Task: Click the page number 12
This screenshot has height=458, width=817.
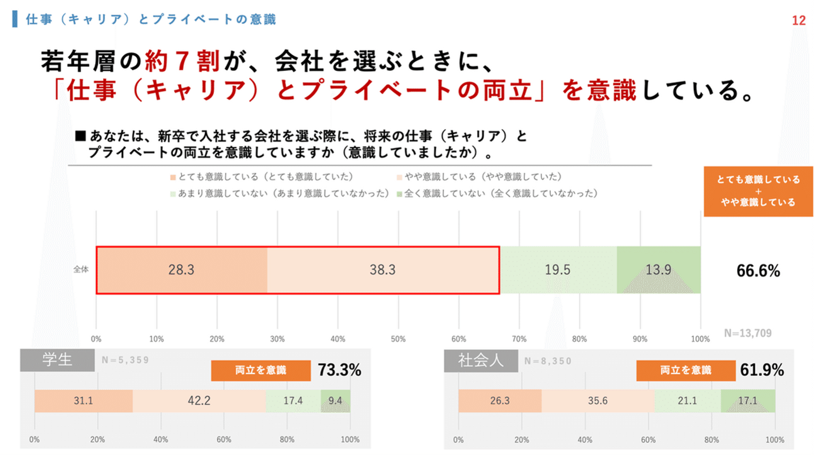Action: [798, 21]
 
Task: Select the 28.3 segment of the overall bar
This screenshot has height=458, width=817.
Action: [181, 270]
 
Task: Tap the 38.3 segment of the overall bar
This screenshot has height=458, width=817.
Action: [382, 270]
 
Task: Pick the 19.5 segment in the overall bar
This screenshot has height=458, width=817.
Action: [558, 270]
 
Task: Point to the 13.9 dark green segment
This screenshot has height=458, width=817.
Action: [658, 270]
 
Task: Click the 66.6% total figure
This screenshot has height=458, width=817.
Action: [758, 271]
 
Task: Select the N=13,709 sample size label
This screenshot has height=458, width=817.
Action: [748, 333]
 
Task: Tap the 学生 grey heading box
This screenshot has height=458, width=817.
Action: [57, 360]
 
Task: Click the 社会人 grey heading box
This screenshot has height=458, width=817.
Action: [481, 361]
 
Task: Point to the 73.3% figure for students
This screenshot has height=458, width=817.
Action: [339, 370]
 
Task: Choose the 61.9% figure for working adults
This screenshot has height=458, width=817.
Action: [762, 371]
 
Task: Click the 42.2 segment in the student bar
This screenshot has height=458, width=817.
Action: [199, 401]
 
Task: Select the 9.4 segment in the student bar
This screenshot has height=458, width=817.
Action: [335, 401]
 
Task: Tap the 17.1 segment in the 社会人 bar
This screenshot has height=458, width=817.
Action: [747, 401]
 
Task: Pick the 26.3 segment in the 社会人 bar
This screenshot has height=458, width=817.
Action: [500, 401]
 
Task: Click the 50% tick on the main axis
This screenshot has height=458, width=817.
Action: [398, 339]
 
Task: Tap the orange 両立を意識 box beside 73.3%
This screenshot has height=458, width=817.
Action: [260, 371]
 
